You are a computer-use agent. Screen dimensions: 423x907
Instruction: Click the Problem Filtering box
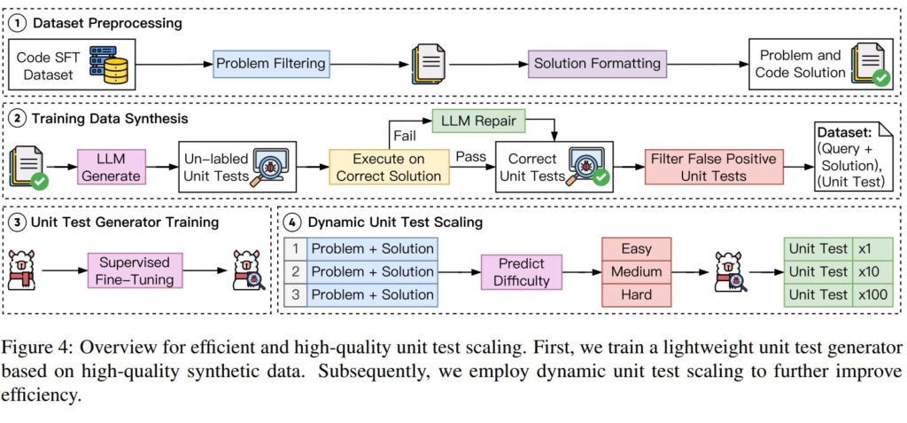click(270, 64)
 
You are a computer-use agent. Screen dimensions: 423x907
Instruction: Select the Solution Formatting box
click(596, 64)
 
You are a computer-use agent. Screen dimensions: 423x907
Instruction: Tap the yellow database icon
click(117, 65)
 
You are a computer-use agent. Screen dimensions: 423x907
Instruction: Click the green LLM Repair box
click(479, 117)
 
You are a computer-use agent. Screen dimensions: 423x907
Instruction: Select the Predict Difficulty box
click(522, 271)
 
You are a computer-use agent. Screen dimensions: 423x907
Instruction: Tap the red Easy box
click(636, 249)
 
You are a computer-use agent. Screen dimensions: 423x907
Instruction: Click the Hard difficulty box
click(636, 294)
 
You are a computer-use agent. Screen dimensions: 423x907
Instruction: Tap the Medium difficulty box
click(636, 271)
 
